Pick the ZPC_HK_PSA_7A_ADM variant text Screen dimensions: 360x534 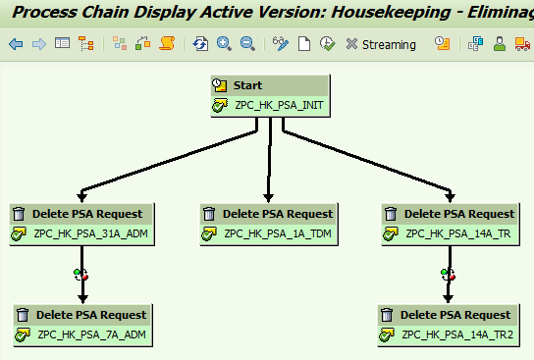[86, 335]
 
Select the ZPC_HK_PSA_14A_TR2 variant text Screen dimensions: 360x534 [458, 335]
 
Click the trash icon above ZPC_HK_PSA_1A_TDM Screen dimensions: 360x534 [209, 214]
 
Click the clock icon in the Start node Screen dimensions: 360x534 [221, 86]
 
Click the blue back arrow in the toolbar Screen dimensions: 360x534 [16, 44]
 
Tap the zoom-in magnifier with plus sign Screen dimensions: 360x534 [224, 44]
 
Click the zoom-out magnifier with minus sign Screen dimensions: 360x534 [247, 44]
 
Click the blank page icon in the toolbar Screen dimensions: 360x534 [304, 44]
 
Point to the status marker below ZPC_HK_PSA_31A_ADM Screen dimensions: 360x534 [80, 274]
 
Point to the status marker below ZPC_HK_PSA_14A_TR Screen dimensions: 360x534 [448, 274]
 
